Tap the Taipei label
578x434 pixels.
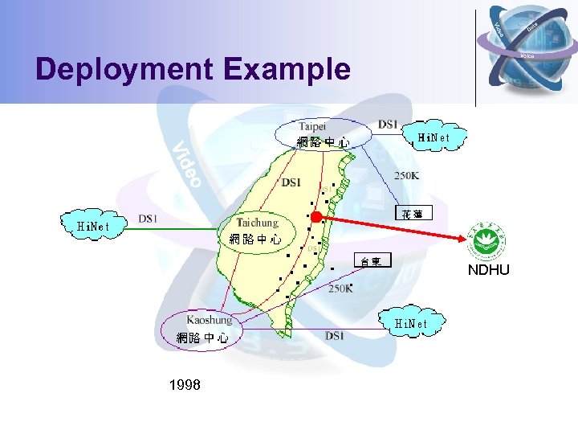click(312, 126)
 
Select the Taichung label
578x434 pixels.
click(257, 223)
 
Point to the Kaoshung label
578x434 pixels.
click(210, 320)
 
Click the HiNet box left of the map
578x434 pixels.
click(88, 226)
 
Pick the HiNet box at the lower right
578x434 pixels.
click(417, 323)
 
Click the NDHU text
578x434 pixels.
click(488, 270)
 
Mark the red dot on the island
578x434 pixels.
click(316, 216)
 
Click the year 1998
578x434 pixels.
click(185, 385)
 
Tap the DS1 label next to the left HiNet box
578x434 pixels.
click(149, 218)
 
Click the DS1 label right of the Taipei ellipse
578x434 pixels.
click(388, 124)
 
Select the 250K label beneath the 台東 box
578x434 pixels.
click(340, 288)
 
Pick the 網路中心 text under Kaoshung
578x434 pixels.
click(202, 338)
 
